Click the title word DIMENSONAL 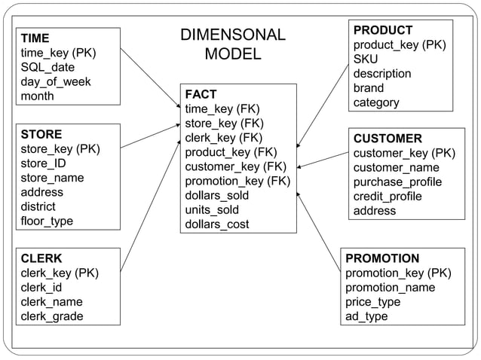[x=233, y=35]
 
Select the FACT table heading [x=201, y=94]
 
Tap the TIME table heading [x=35, y=38]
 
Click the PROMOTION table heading [x=382, y=258]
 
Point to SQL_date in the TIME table [x=48, y=67]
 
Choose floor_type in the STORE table [x=47, y=221]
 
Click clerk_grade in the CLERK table [x=52, y=316]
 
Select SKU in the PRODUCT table [x=366, y=59]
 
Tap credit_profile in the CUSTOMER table [x=388, y=197]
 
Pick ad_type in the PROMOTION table [x=366, y=316]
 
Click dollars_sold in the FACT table [x=217, y=195]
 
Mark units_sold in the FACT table [x=212, y=209]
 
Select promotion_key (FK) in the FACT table [x=237, y=181]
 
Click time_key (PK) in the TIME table [x=59, y=53]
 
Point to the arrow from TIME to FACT [x=150, y=78]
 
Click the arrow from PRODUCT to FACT [x=324, y=105]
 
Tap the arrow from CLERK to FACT [x=150, y=204]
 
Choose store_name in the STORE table [x=52, y=178]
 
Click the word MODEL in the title [x=233, y=54]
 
